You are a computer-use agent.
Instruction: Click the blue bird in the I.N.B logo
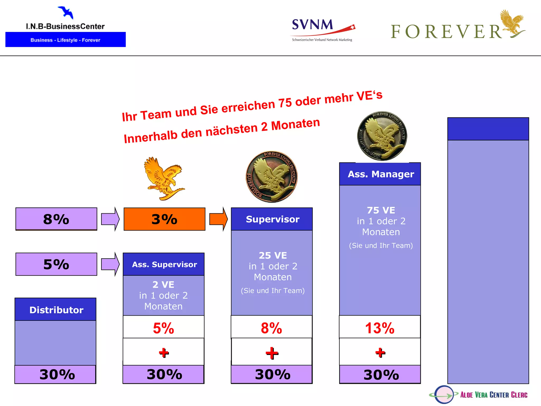[66, 12]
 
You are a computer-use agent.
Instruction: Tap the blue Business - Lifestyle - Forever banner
[66, 40]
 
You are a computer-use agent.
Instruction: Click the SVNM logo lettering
[313, 25]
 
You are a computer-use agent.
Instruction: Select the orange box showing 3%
[164, 219]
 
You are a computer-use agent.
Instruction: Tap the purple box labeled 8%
[56, 219]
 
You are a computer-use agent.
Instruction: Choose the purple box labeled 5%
[56, 264]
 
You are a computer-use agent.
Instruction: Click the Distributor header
[56, 310]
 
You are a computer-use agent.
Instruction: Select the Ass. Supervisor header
[164, 264]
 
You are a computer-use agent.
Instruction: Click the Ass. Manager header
[380, 174]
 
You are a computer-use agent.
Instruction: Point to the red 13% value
[380, 328]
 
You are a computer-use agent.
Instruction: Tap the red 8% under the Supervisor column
[271, 328]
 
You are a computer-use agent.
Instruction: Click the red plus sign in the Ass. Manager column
[380, 352]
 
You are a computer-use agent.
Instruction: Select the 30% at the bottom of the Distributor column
[57, 375]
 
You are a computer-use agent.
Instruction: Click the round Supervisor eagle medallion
[272, 177]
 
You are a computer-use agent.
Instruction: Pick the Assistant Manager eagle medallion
[382, 136]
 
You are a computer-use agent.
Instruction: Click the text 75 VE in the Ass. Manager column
[381, 210]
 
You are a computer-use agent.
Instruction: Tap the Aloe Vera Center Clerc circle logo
[444, 395]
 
